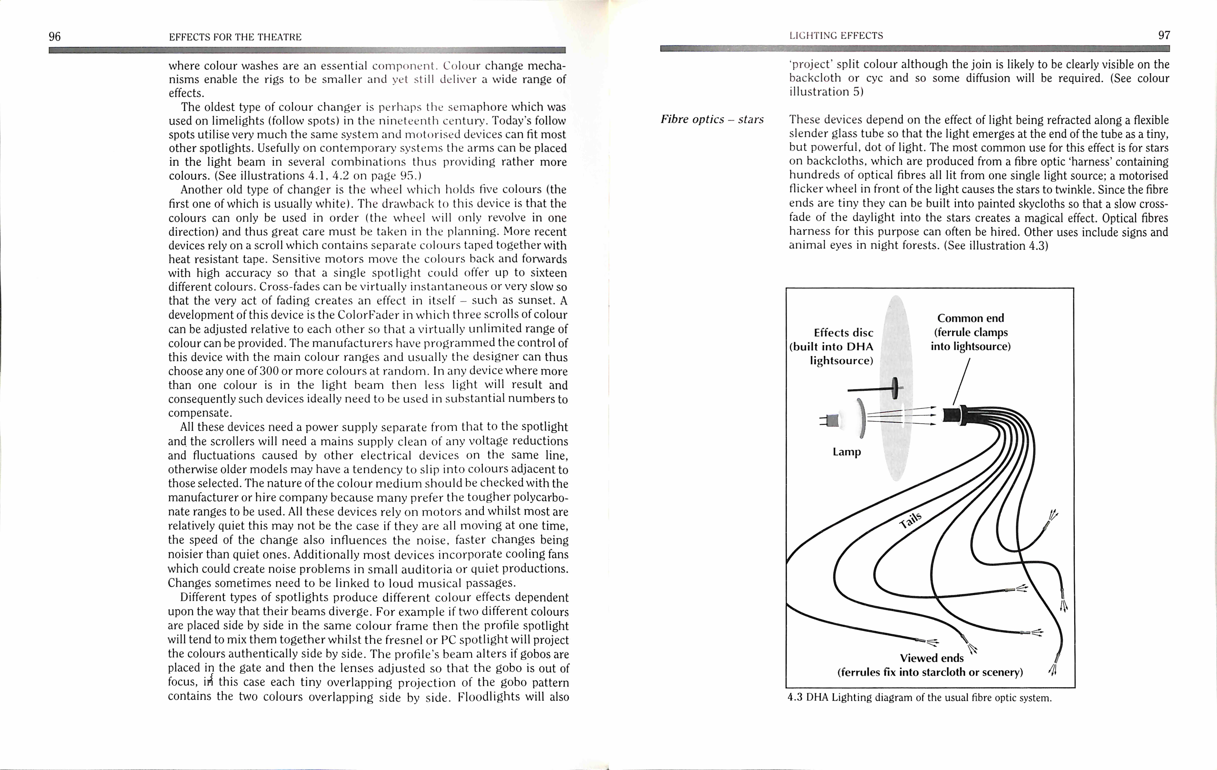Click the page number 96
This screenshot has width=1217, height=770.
55,36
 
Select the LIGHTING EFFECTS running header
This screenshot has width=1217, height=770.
836,35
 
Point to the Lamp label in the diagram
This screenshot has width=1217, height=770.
847,451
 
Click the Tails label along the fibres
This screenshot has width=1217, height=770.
911,519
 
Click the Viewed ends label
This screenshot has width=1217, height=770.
931,658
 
